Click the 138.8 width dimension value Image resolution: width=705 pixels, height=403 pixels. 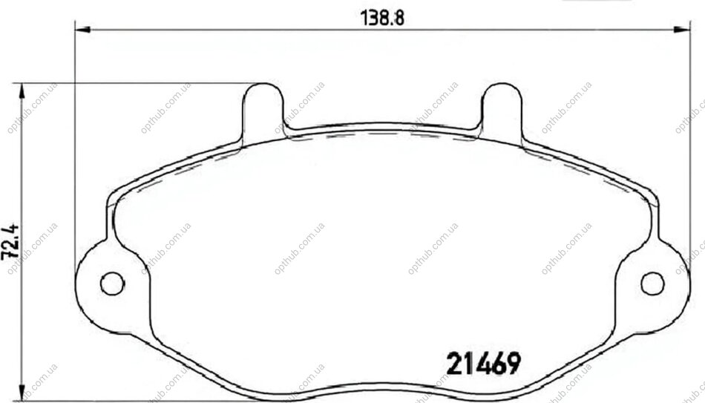[383, 18]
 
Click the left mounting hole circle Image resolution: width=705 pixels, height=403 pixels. [112, 284]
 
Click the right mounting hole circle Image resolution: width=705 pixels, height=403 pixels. [652, 284]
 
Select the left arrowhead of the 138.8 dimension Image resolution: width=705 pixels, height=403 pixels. [82, 30]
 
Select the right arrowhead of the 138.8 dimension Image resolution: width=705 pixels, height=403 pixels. [681, 30]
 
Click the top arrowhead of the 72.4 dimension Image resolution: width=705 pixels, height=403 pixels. [21, 91]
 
